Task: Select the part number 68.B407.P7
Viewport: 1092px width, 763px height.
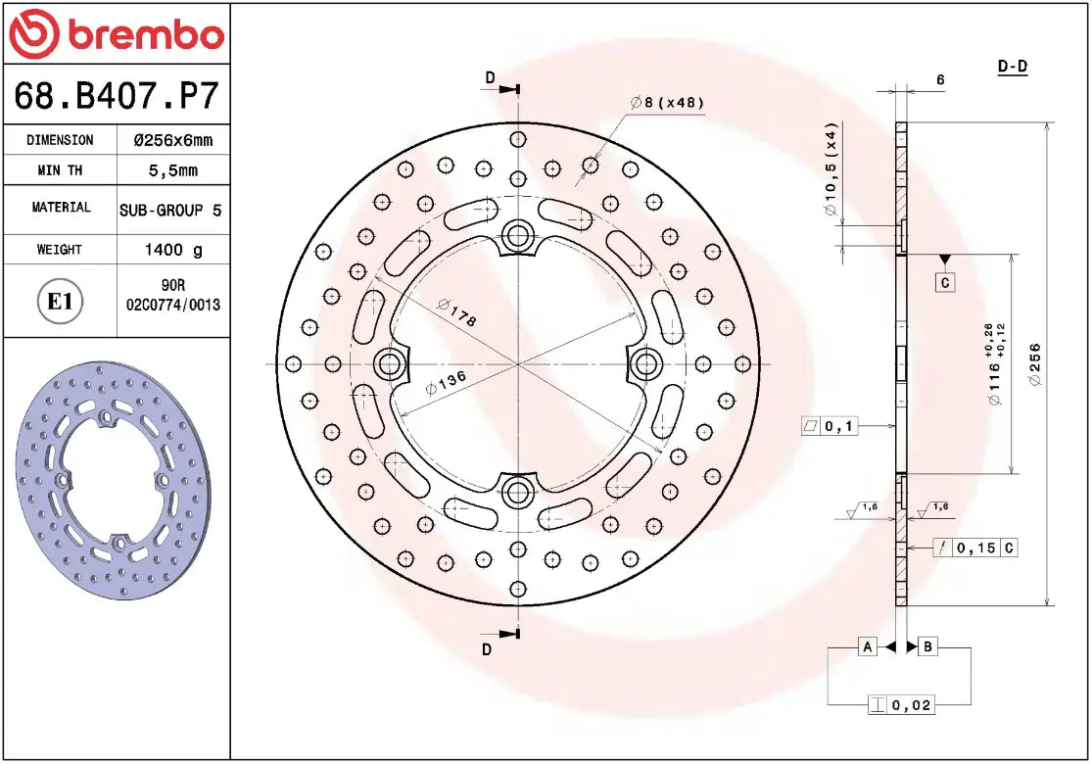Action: click(116, 97)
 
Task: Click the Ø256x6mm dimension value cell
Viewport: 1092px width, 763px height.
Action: click(172, 140)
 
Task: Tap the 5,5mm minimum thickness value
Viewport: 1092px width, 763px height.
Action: click(172, 170)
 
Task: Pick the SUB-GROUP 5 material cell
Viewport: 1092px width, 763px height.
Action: click(170, 210)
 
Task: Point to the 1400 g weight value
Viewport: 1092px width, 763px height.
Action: click(173, 250)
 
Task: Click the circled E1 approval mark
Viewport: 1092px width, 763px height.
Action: click(61, 301)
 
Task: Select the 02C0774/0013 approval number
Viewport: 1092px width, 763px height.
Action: click(173, 305)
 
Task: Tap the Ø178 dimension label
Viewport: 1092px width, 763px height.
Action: click(456, 315)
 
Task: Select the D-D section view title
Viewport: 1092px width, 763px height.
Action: click(1012, 67)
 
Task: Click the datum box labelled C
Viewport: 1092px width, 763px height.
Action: click(944, 283)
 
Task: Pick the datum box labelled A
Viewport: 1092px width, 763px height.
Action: click(868, 646)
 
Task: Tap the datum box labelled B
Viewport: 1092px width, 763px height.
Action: click(928, 646)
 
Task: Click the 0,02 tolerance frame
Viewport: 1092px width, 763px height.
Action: click(901, 704)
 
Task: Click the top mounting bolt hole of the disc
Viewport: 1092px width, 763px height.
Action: click(516, 235)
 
